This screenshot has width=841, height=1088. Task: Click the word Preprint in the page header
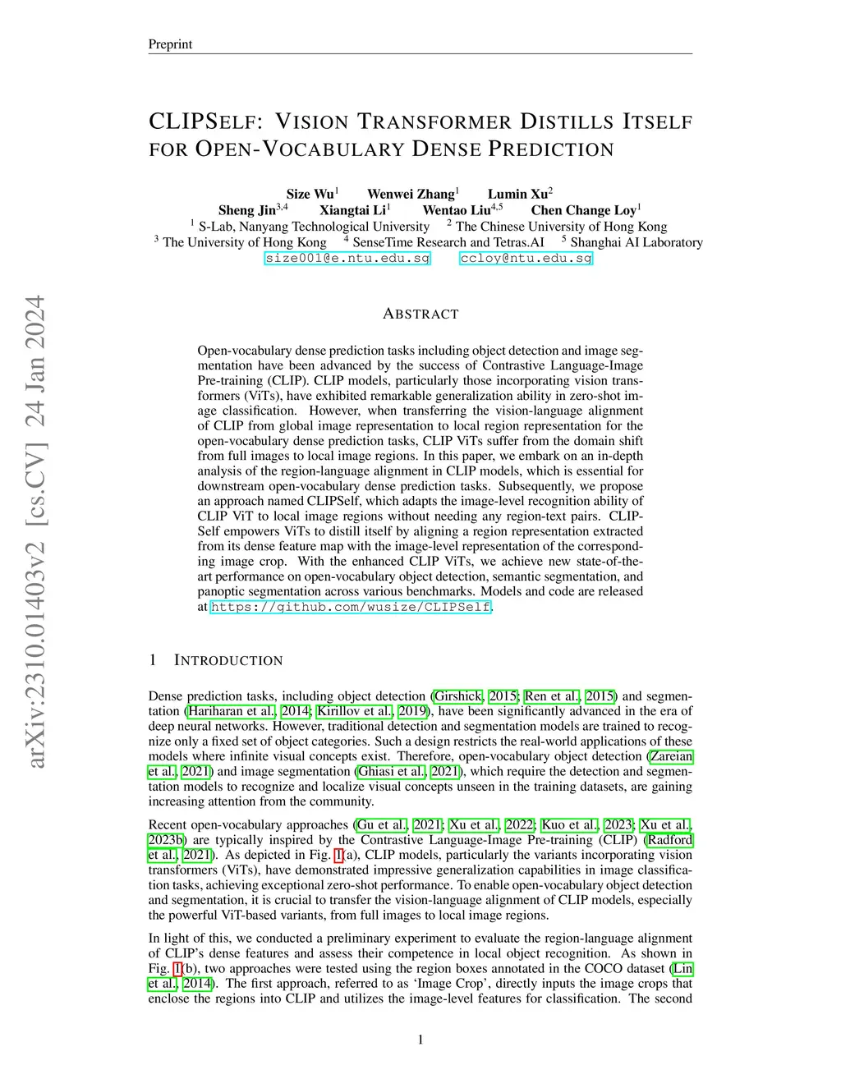pos(170,44)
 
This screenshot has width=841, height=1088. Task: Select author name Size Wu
pos(310,195)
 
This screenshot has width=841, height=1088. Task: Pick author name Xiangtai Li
pos(352,210)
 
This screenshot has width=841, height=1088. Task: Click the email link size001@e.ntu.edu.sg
pos(347,258)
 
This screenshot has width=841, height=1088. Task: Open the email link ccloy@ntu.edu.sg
pos(526,258)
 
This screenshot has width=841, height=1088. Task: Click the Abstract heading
pos(420,314)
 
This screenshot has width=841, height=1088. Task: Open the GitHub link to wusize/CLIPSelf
pos(351,607)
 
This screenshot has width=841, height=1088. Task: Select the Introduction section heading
pos(227,660)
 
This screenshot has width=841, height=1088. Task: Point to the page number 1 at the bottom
pos(420,1040)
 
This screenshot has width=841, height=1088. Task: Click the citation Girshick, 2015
pos(475,696)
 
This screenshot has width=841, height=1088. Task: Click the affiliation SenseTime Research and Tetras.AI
pos(448,242)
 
